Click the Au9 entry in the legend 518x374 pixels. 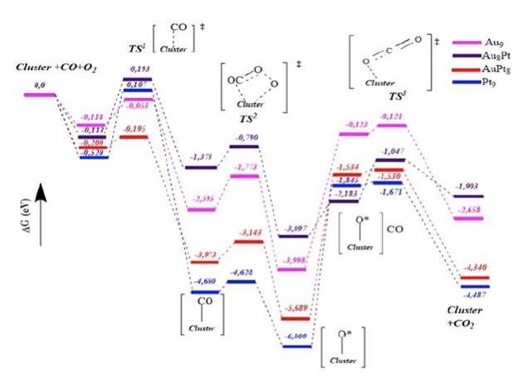[491, 41]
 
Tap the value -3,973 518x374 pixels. [203, 253]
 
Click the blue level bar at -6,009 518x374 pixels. [297, 345]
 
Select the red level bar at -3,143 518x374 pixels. [250, 242]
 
